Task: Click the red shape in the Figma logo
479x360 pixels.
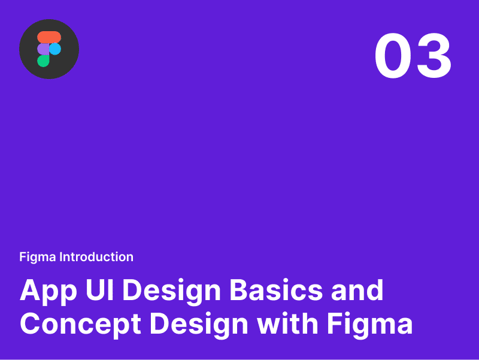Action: point(49,37)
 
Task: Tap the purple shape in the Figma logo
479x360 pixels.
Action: point(43,49)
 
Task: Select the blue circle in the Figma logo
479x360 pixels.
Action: point(55,49)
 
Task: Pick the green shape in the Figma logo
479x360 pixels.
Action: point(43,60)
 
